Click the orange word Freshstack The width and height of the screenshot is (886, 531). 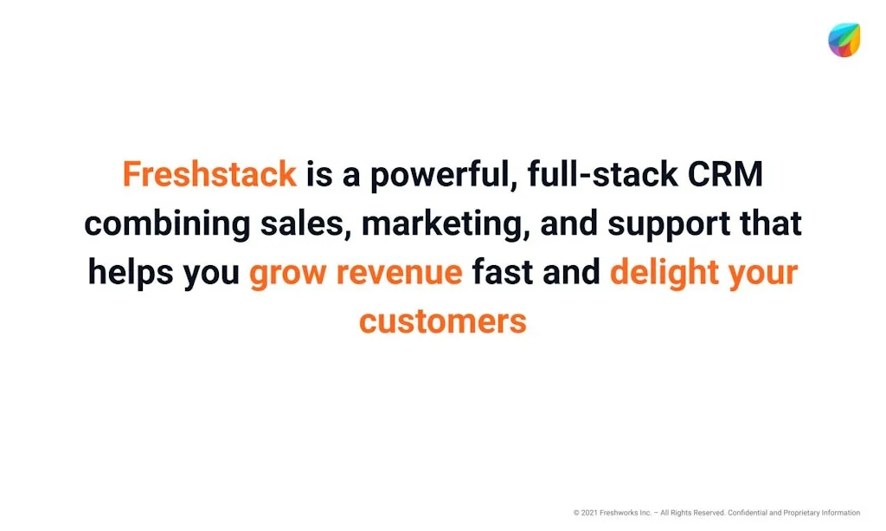(x=209, y=174)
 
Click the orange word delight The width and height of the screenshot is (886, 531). (x=662, y=273)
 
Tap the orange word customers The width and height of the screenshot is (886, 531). (x=442, y=321)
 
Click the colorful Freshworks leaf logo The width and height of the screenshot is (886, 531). (x=844, y=40)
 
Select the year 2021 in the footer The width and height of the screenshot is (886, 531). (x=590, y=513)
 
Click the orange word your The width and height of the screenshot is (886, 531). (x=762, y=273)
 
